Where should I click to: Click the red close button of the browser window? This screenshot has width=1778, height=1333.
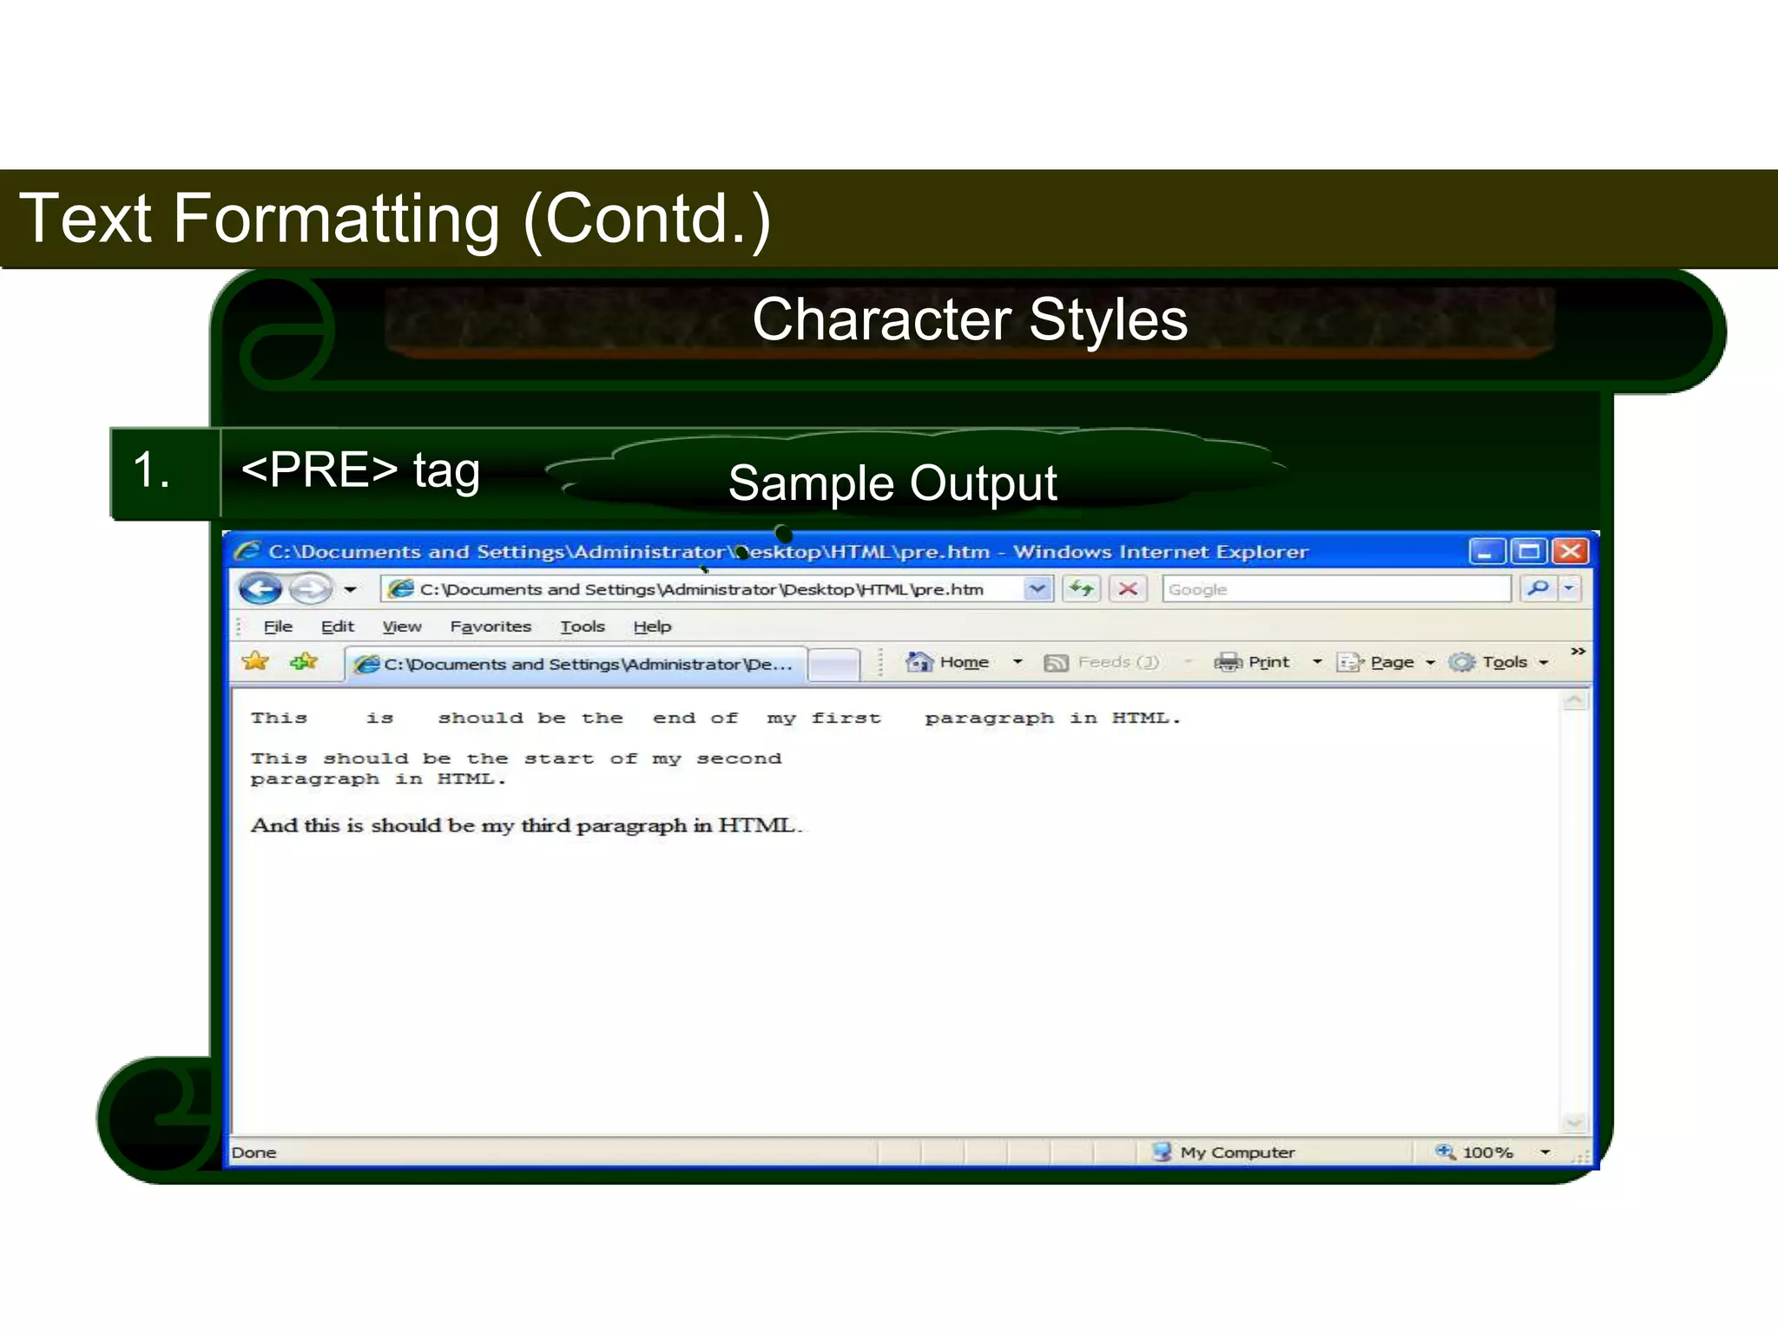pos(1571,551)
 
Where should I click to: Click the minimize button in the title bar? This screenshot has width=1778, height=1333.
pos(1486,551)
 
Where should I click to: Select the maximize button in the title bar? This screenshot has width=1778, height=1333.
pos(1529,551)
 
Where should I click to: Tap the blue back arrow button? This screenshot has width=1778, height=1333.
pos(260,589)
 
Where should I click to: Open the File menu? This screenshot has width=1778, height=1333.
pos(278,627)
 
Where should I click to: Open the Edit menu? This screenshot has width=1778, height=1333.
pos(337,627)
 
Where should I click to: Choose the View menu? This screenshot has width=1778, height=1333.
pos(401,627)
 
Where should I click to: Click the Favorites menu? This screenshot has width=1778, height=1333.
pos(490,627)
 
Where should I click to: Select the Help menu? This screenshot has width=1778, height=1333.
pos(651,627)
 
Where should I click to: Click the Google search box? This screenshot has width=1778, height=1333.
pos(1335,589)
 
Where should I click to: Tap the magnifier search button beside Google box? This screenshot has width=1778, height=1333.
pos(1538,588)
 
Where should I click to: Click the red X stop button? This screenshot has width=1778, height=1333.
pos(1128,589)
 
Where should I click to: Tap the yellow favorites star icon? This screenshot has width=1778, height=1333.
pos(255,661)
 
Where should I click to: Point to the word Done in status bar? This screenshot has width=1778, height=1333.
pos(254,1152)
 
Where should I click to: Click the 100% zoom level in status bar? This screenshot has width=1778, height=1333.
pos(1486,1152)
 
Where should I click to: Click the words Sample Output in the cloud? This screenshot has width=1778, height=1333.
pos(892,483)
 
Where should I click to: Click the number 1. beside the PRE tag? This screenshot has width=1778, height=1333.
pos(151,470)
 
